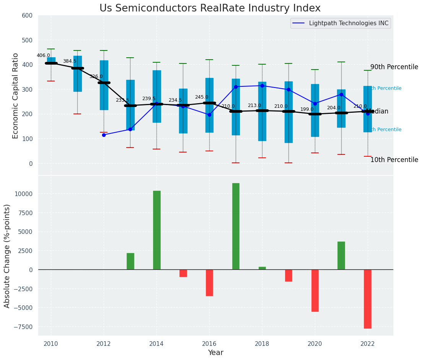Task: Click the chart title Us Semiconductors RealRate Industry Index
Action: click(210, 8)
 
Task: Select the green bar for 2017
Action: click(236, 226)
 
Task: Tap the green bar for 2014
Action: click(156, 230)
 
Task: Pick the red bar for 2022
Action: click(368, 299)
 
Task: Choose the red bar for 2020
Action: click(315, 290)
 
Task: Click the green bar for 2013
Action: click(130, 261)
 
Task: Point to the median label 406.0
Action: click(43, 55)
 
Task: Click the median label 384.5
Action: click(70, 61)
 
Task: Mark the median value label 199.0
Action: click(307, 109)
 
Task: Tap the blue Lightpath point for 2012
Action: click(104, 135)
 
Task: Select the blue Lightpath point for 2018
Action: click(262, 86)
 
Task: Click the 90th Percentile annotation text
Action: click(394, 67)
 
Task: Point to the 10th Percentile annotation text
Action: click(394, 160)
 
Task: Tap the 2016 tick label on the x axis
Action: click(209, 344)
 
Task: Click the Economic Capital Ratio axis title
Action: click(16, 96)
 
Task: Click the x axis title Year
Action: click(215, 353)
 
